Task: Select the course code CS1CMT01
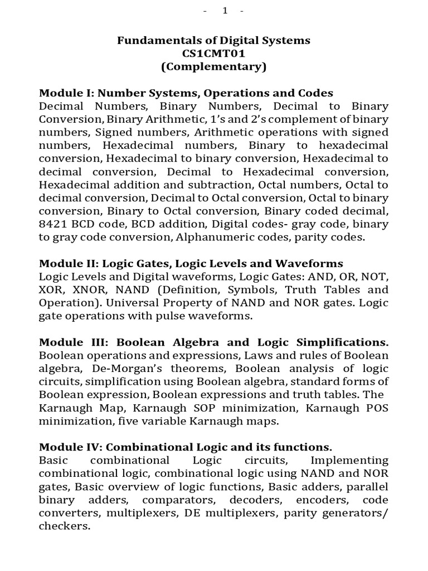coord(213,54)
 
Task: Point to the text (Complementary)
coord(213,67)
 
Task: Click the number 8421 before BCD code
coord(54,225)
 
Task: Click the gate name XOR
coord(51,290)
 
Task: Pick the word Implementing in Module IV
coord(349,461)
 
